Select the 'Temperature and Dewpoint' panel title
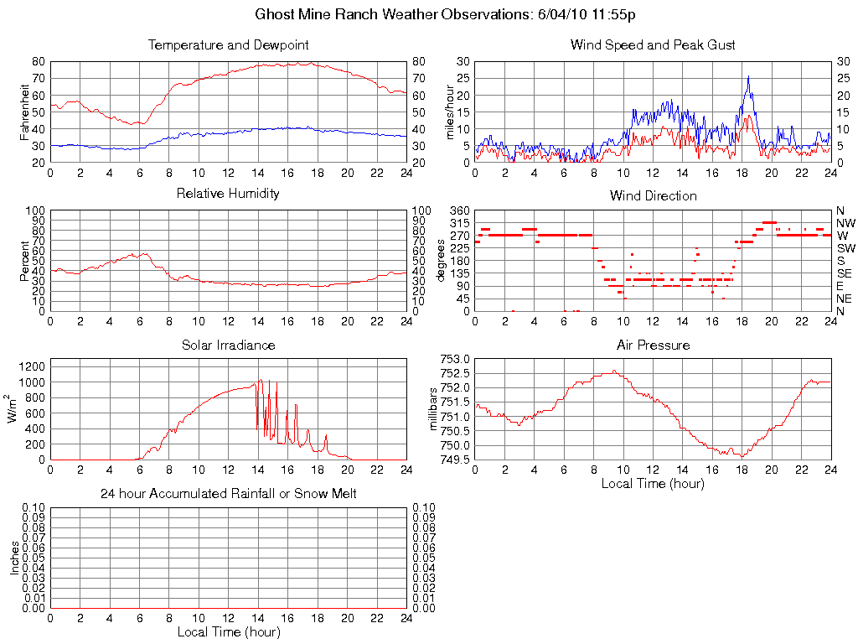pos(229,45)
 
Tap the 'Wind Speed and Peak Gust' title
pos(653,45)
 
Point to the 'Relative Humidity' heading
pos(229,194)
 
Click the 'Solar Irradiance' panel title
pos(229,345)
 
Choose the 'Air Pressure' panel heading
pos(653,345)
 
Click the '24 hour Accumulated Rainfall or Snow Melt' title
pos(229,494)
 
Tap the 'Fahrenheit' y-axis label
pos(24,112)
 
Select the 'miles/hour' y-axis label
pos(450,112)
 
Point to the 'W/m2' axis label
pos(13,408)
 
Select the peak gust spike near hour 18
pos(748,78)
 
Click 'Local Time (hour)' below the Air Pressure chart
pos(653,483)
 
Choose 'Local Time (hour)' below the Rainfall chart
pos(229,631)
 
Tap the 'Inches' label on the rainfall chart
pos(15,557)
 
